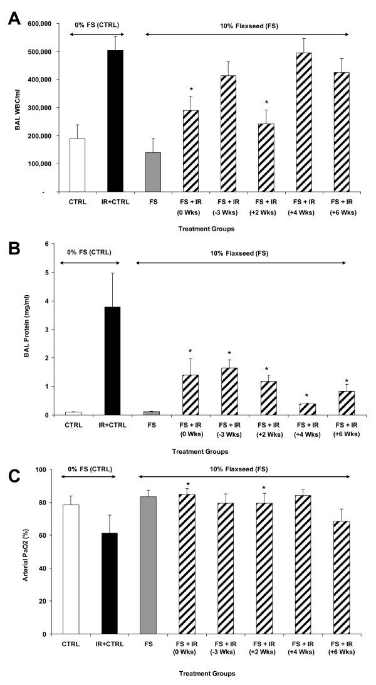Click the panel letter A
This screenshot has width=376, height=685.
tap(14, 17)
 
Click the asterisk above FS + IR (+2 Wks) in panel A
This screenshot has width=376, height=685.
tap(267, 103)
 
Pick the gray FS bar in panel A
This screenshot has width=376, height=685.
tap(153, 163)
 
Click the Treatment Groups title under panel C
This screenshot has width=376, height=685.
tap(206, 674)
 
